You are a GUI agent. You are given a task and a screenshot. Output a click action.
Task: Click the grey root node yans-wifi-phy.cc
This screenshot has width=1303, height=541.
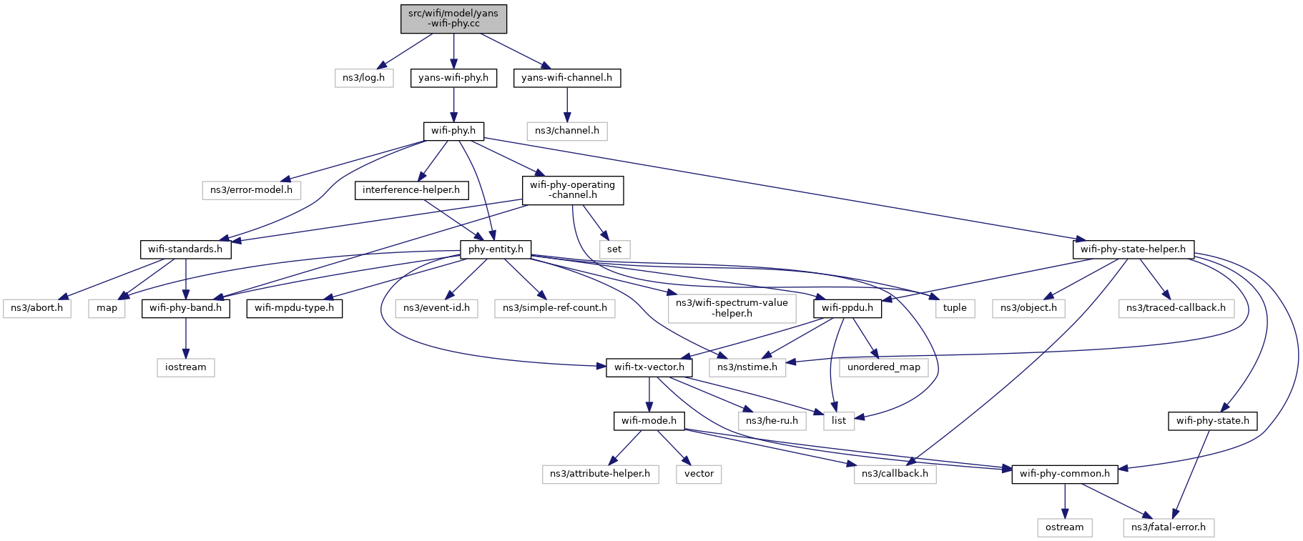tap(453, 19)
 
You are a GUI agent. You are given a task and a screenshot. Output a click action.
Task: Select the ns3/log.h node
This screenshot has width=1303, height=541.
tap(363, 78)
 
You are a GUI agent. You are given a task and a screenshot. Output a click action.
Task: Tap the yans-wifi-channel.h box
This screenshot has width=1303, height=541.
tap(566, 78)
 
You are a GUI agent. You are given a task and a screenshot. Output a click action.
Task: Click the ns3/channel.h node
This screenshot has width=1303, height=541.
tap(567, 131)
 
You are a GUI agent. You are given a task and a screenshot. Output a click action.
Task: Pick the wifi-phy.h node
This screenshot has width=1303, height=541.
tap(453, 131)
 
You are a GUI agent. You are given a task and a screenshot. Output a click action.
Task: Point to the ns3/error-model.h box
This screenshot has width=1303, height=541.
tap(251, 190)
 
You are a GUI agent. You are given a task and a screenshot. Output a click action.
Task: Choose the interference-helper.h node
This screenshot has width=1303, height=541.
tap(411, 190)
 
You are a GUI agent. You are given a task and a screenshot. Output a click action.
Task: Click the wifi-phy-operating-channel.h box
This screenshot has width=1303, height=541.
tap(572, 190)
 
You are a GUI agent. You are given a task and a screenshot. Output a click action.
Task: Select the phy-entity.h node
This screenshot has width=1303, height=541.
tap(496, 249)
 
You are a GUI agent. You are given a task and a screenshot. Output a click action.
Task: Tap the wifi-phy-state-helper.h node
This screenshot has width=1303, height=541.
tap(1133, 249)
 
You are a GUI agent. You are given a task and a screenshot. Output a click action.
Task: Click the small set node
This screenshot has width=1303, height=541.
tap(614, 249)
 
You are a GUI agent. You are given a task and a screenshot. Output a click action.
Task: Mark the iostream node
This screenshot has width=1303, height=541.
tap(186, 367)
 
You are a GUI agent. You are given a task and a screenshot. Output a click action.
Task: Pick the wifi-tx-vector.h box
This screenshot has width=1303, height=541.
tap(649, 367)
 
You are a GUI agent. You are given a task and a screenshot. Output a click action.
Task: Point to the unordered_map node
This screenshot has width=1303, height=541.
tap(884, 367)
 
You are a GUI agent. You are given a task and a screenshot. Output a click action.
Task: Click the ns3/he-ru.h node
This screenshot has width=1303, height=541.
tap(772, 421)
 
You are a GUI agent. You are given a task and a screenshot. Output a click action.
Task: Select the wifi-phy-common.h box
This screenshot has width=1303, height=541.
tap(1064, 474)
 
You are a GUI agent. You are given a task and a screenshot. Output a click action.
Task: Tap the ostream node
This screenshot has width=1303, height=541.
tap(1064, 527)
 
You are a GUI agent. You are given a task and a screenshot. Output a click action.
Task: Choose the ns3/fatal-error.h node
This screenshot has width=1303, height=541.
tap(1168, 527)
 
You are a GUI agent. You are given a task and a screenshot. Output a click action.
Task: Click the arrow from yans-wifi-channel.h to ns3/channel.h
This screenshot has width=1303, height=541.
tap(567, 104)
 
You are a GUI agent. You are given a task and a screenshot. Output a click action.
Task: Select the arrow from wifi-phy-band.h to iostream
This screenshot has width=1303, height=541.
tap(186, 338)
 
